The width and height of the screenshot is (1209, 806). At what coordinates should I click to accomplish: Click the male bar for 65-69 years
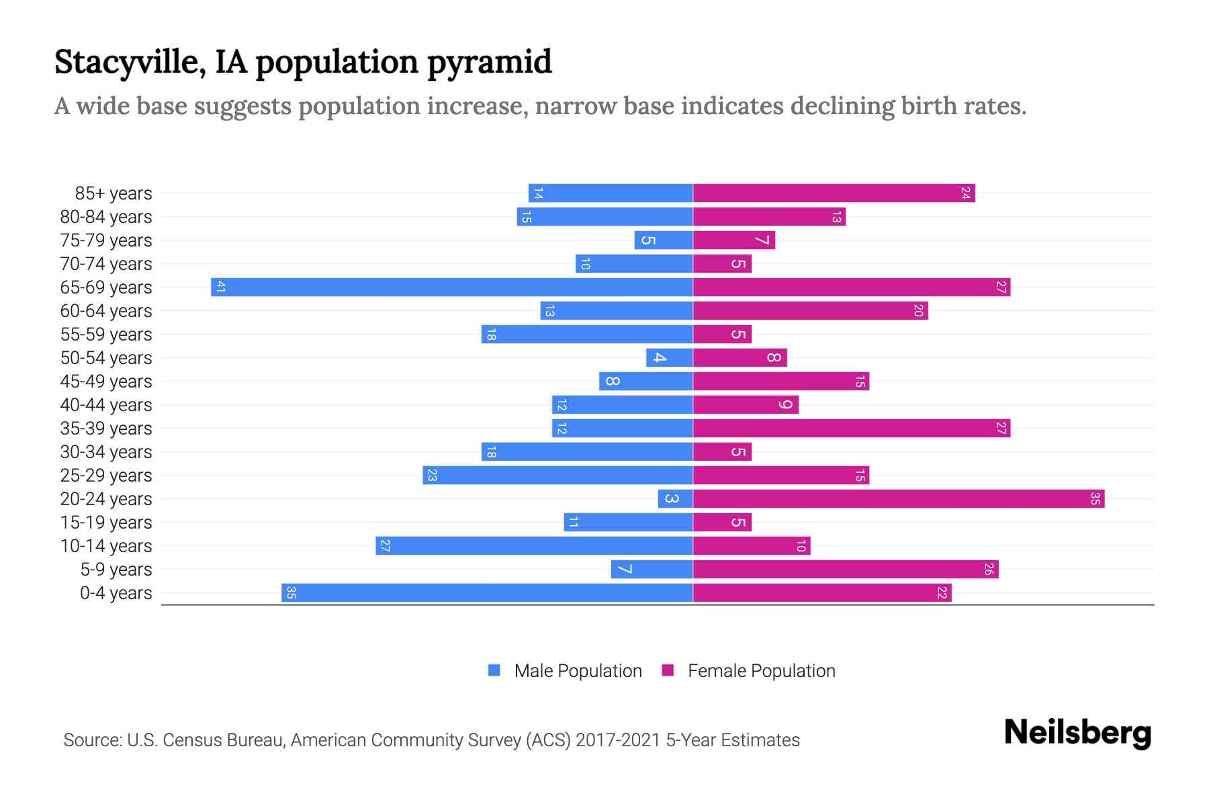[451, 287]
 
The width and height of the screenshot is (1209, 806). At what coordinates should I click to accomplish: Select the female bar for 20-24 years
[899, 499]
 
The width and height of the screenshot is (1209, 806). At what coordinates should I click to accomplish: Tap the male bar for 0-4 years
[487, 593]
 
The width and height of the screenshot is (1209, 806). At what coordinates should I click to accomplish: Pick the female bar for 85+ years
[834, 193]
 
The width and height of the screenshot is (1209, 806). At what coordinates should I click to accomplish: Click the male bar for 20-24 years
[675, 499]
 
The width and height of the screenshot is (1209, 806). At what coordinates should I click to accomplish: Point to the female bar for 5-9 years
[846, 570]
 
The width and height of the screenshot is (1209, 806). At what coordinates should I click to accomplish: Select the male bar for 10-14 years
[534, 546]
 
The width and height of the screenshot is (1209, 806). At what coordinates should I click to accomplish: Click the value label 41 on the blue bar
[220, 287]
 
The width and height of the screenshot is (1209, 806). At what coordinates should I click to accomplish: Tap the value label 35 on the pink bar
[1095, 499]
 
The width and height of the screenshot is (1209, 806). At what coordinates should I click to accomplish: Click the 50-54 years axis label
[106, 358]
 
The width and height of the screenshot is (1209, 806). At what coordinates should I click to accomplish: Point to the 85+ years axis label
[114, 193]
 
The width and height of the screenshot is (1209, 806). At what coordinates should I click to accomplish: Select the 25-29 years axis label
[106, 476]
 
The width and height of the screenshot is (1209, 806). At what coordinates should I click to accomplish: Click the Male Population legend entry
[578, 671]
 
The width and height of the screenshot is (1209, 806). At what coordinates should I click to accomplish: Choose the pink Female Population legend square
[668, 670]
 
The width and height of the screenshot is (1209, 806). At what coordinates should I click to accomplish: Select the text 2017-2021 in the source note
[618, 740]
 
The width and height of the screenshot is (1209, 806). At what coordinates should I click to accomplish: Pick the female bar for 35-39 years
[852, 429]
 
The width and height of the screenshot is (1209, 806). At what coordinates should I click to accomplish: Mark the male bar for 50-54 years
[669, 358]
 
